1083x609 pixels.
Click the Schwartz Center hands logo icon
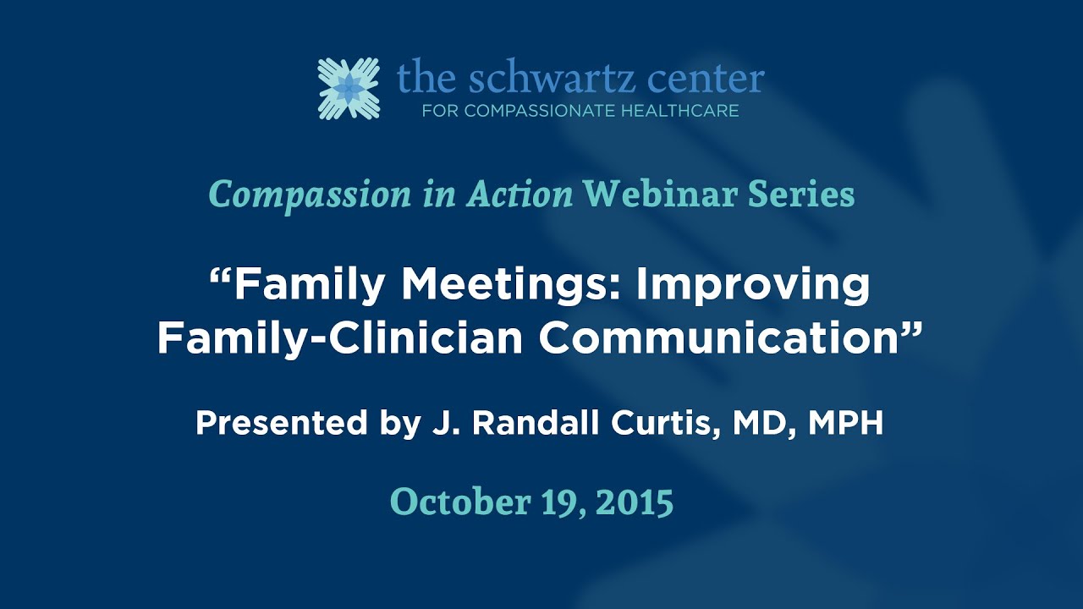tap(349, 88)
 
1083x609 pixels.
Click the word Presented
tap(272, 423)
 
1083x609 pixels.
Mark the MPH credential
tap(845, 423)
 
